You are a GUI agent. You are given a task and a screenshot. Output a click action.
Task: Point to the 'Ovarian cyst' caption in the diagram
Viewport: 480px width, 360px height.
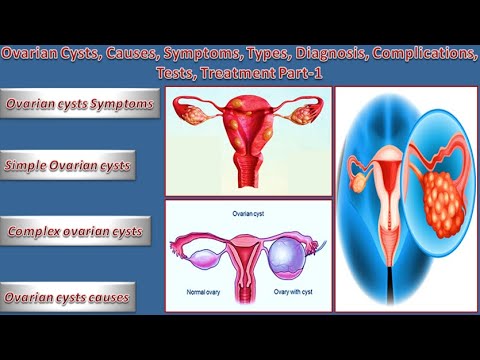[244, 212]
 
